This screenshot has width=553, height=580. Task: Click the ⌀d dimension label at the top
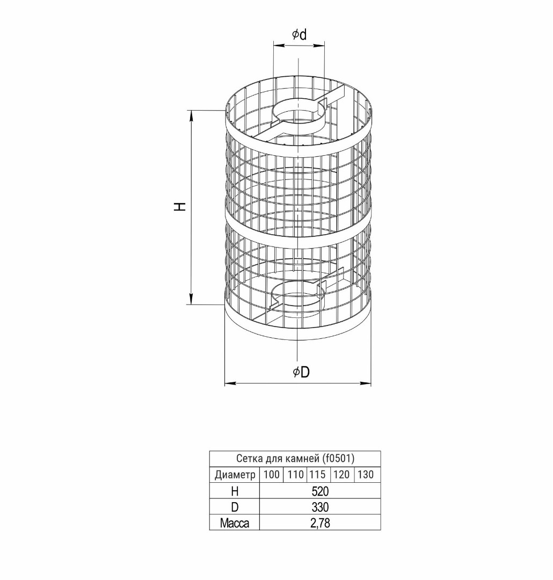coord(299,35)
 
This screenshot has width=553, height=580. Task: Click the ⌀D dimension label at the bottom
coord(301,372)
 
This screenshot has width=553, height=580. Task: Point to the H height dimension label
coord(180,206)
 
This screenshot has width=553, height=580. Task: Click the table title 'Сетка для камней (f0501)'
coord(295,459)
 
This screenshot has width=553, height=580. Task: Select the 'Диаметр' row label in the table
coord(235,475)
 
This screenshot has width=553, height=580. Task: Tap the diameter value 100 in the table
coord(272,475)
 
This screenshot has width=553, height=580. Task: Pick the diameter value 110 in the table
coord(295,475)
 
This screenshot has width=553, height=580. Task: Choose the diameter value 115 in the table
coord(318,475)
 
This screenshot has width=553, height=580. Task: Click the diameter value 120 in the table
coord(341,475)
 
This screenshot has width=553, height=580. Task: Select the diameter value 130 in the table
coord(365,475)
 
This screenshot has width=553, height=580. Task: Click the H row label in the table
coord(234,491)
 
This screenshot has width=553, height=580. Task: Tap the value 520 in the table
coord(320,491)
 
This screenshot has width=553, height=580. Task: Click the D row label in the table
coord(234,507)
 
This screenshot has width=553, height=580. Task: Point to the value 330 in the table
coord(320,507)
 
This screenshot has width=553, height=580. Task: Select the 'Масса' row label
coord(235,523)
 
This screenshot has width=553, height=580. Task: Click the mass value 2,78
coord(320,523)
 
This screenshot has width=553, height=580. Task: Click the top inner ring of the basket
coord(299,111)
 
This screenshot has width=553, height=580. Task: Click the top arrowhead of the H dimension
coord(192,113)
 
